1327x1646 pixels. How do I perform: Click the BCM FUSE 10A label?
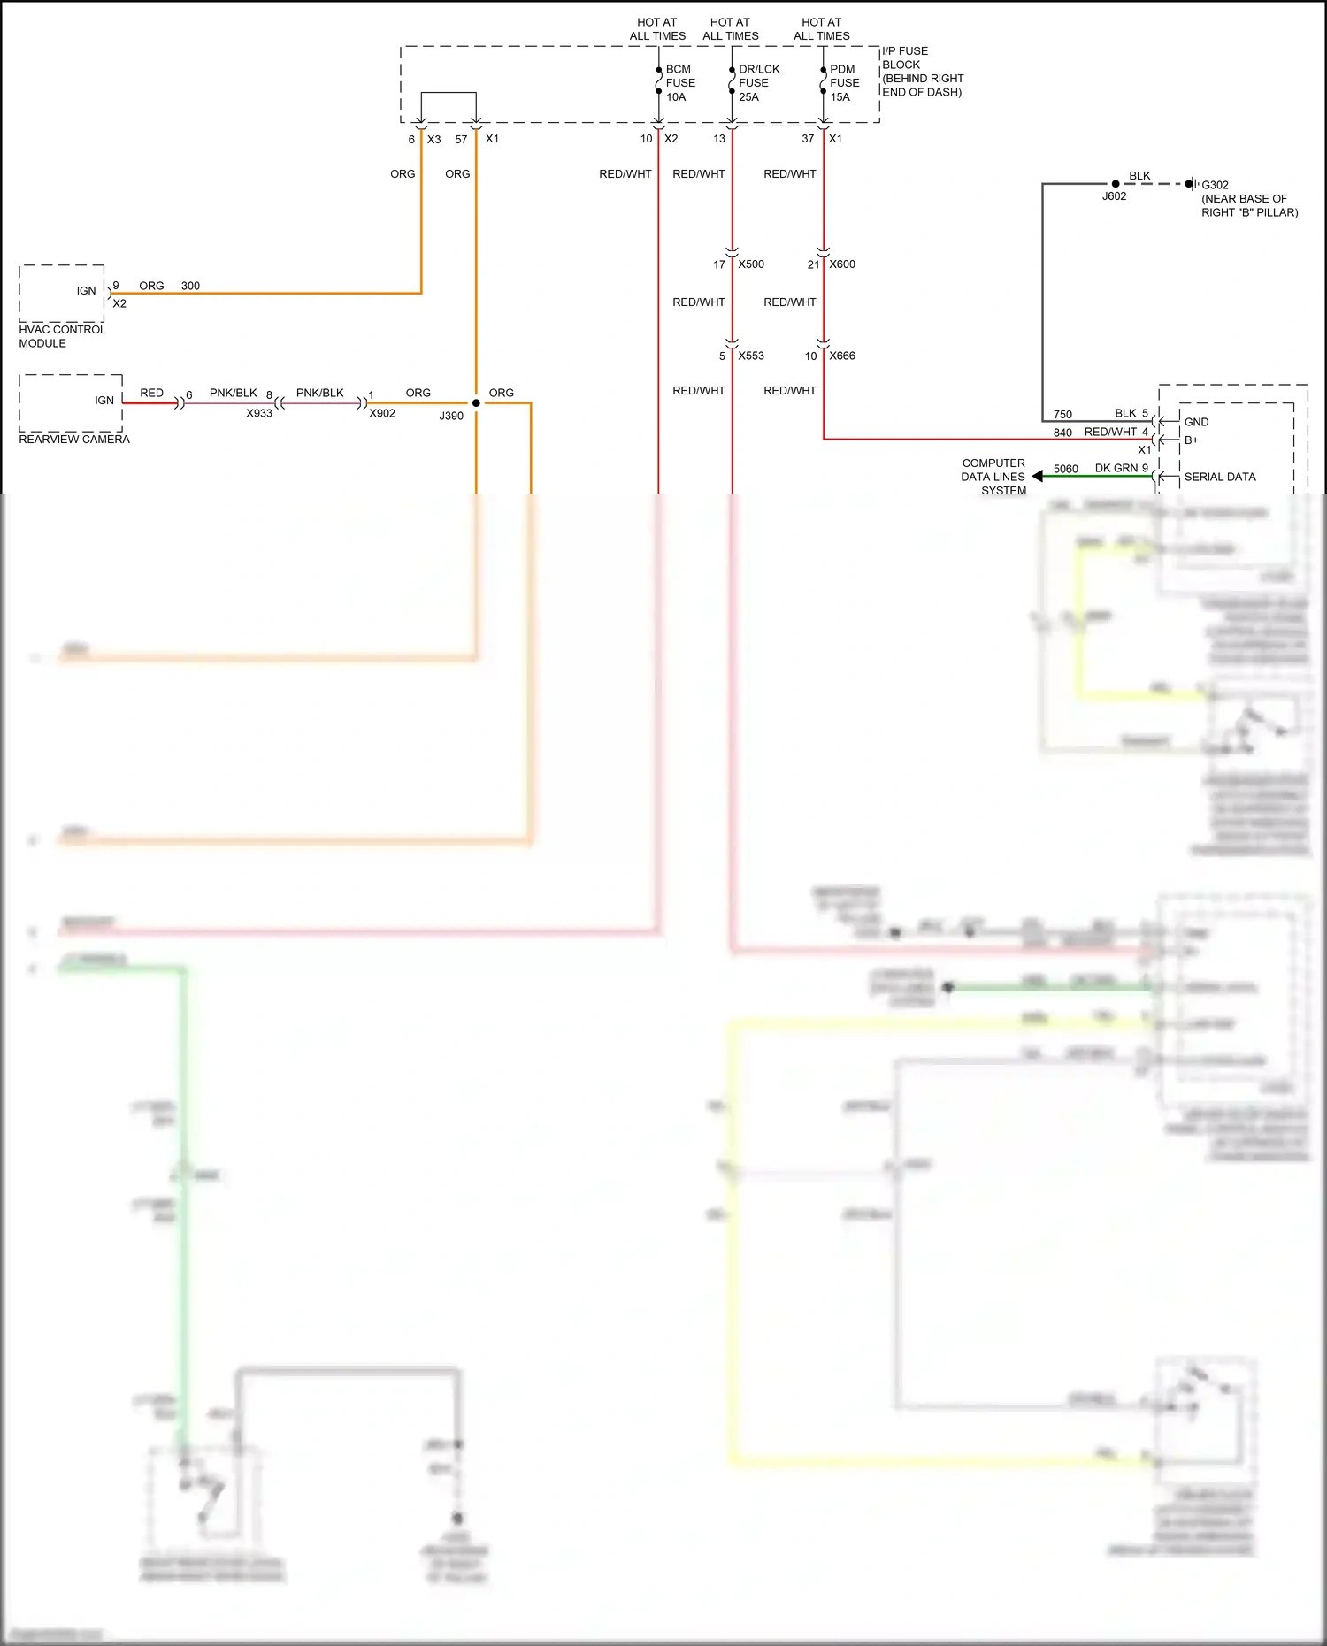point(679,83)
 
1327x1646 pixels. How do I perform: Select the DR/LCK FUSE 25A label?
point(758,83)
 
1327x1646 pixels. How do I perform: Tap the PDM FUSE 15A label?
point(844,83)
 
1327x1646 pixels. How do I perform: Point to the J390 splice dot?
point(476,403)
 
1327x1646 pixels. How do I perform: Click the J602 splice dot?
point(1116,184)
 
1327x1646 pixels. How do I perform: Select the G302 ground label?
point(1215,186)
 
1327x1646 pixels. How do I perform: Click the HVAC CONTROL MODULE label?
point(62,336)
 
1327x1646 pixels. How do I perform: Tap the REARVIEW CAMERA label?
point(74,440)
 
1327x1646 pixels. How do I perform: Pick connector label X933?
point(259,414)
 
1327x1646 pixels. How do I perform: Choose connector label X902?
point(382,414)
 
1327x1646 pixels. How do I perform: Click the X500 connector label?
point(751,264)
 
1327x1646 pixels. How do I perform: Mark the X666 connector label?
point(842,356)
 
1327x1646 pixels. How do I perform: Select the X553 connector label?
point(751,356)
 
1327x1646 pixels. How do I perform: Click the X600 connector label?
point(842,264)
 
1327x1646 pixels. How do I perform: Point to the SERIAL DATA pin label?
point(1220,478)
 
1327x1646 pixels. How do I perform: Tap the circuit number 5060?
point(1066,470)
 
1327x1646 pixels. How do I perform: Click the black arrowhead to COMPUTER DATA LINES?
point(1037,477)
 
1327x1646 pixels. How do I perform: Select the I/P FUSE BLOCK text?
point(921,72)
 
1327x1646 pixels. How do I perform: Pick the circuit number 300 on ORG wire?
point(190,287)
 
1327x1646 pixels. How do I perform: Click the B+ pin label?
point(1192,440)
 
